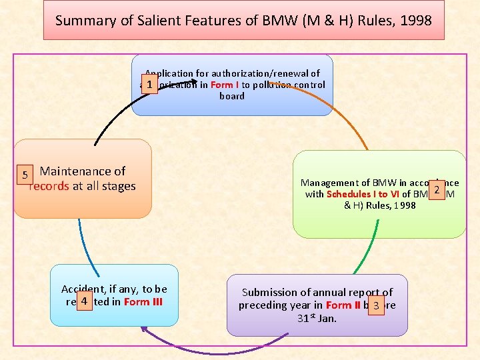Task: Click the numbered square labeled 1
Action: click(151, 85)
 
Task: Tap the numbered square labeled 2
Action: click(436, 190)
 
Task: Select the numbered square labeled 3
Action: click(377, 305)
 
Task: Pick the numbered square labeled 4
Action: click(84, 301)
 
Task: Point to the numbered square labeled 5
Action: click(25, 175)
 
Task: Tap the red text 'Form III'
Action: click(143, 301)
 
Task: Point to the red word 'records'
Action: click(49, 186)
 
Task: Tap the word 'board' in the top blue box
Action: click(232, 96)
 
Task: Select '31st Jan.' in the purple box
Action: click(317, 318)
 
